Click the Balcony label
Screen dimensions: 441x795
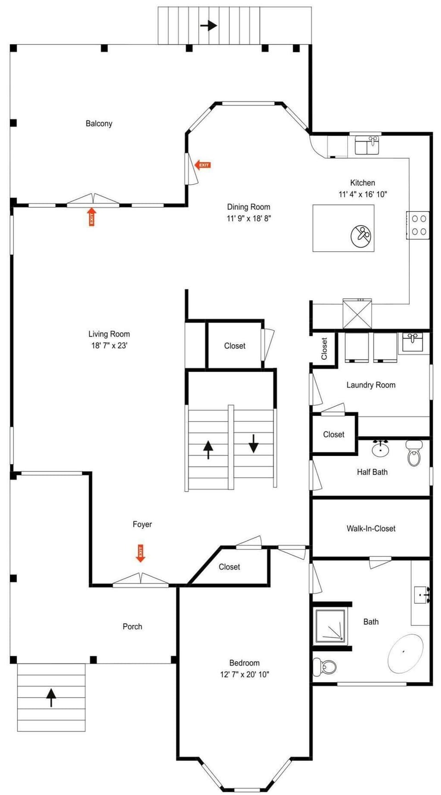click(99, 124)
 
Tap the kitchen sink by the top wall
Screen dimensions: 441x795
click(367, 145)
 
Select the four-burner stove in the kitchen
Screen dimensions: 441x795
click(418, 225)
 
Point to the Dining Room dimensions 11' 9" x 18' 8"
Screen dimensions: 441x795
click(249, 219)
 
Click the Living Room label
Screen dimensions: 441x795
click(109, 334)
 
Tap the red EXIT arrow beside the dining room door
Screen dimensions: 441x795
click(203, 165)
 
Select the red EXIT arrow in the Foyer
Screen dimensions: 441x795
click(141, 553)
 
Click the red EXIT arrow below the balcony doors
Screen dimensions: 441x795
click(92, 217)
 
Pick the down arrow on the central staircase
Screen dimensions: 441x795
click(254, 443)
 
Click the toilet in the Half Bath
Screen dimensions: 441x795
click(414, 453)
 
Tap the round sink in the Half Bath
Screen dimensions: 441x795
click(380, 448)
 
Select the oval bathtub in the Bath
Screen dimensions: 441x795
click(405, 654)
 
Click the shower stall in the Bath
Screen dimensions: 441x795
click(330, 626)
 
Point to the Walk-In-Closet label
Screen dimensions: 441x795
click(371, 528)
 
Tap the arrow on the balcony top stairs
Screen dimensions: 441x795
click(209, 25)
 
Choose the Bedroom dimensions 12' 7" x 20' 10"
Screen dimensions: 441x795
click(244, 675)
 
